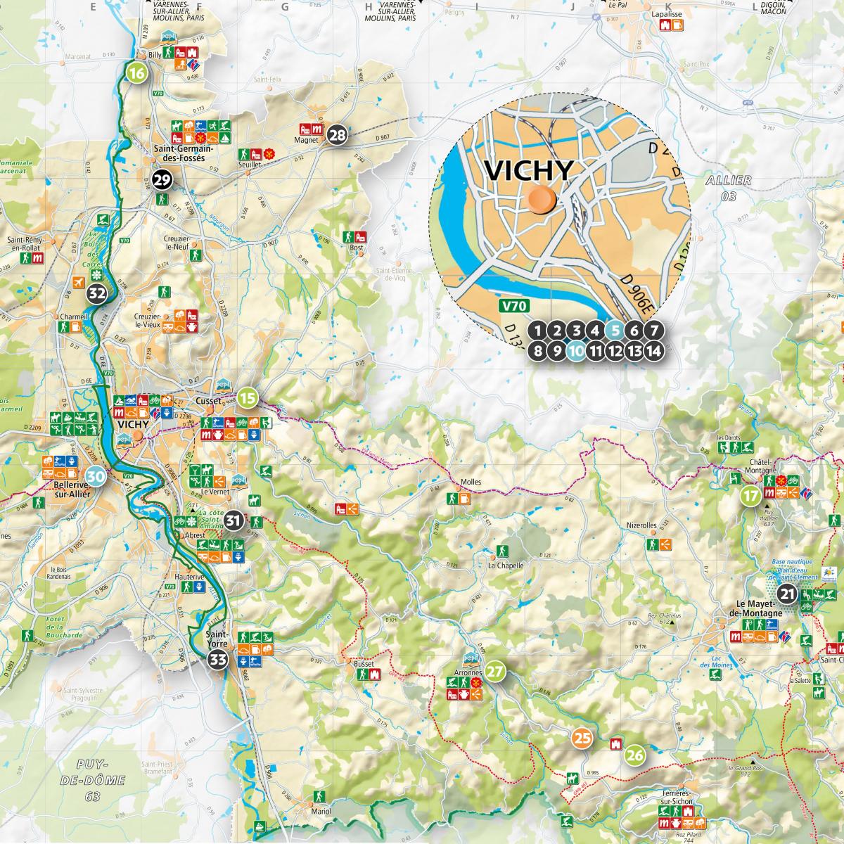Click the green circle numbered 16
tap(136, 72)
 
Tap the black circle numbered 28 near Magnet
tap(338, 136)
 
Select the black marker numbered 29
tap(162, 181)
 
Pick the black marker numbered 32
tap(96, 294)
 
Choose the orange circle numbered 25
tap(582, 738)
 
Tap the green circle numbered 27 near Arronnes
tap(495, 671)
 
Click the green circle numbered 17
tap(750, 496)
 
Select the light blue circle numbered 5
tap(615, 330)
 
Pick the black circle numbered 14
tap(653, 350)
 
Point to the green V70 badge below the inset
tap(514, 306)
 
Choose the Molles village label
tap(471, 482)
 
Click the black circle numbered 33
tap(218, 660)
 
